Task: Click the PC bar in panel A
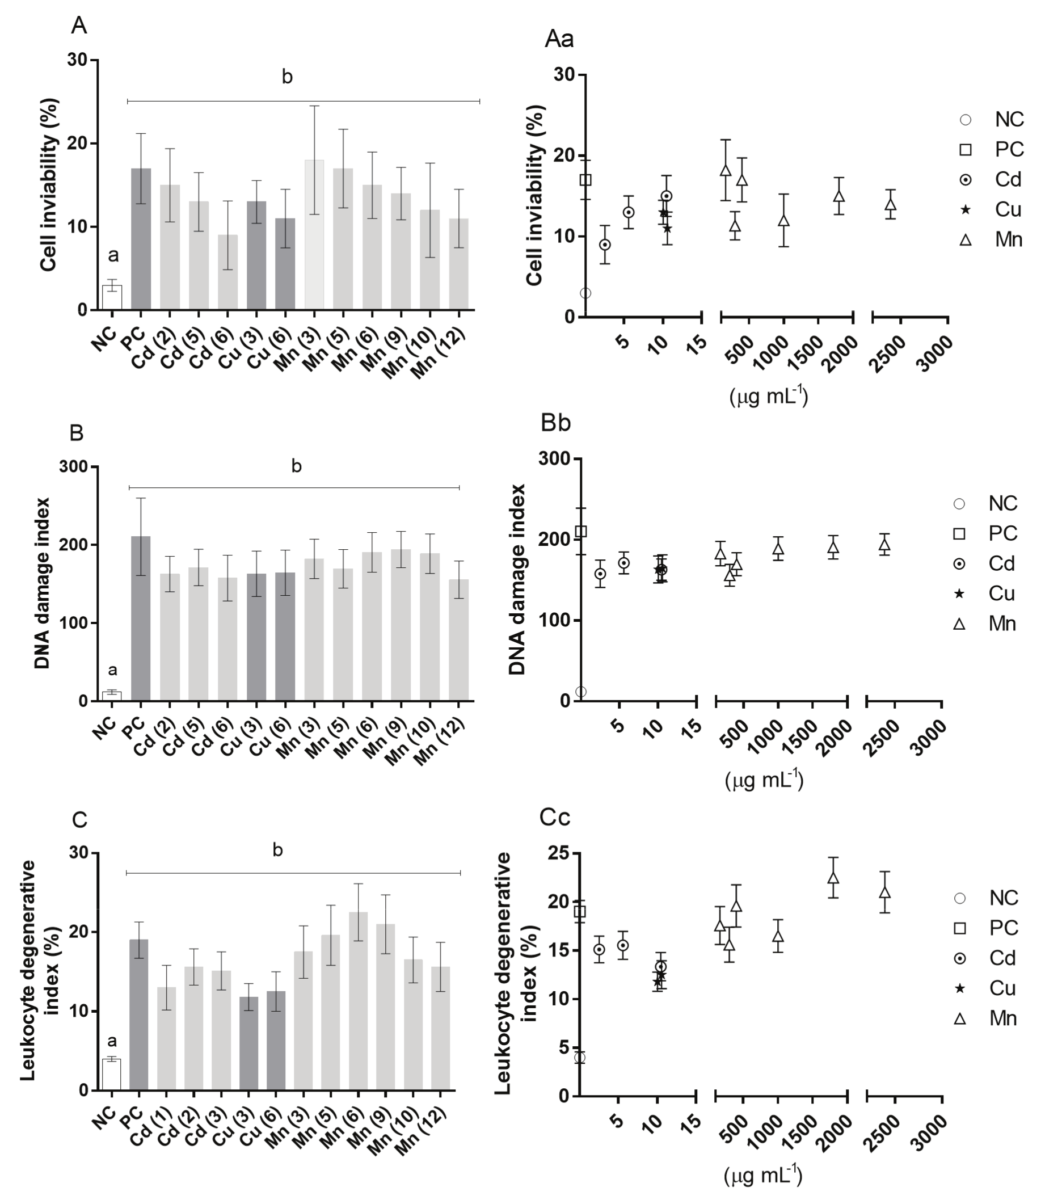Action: (x=141, y=238)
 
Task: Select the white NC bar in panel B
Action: (x=112, y=696)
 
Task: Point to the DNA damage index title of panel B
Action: (x=42, y=583)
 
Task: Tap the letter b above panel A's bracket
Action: (x=287, y=77)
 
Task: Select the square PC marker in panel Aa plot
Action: (x=585, y=180)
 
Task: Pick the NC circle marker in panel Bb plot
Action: (x=581, y=692)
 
